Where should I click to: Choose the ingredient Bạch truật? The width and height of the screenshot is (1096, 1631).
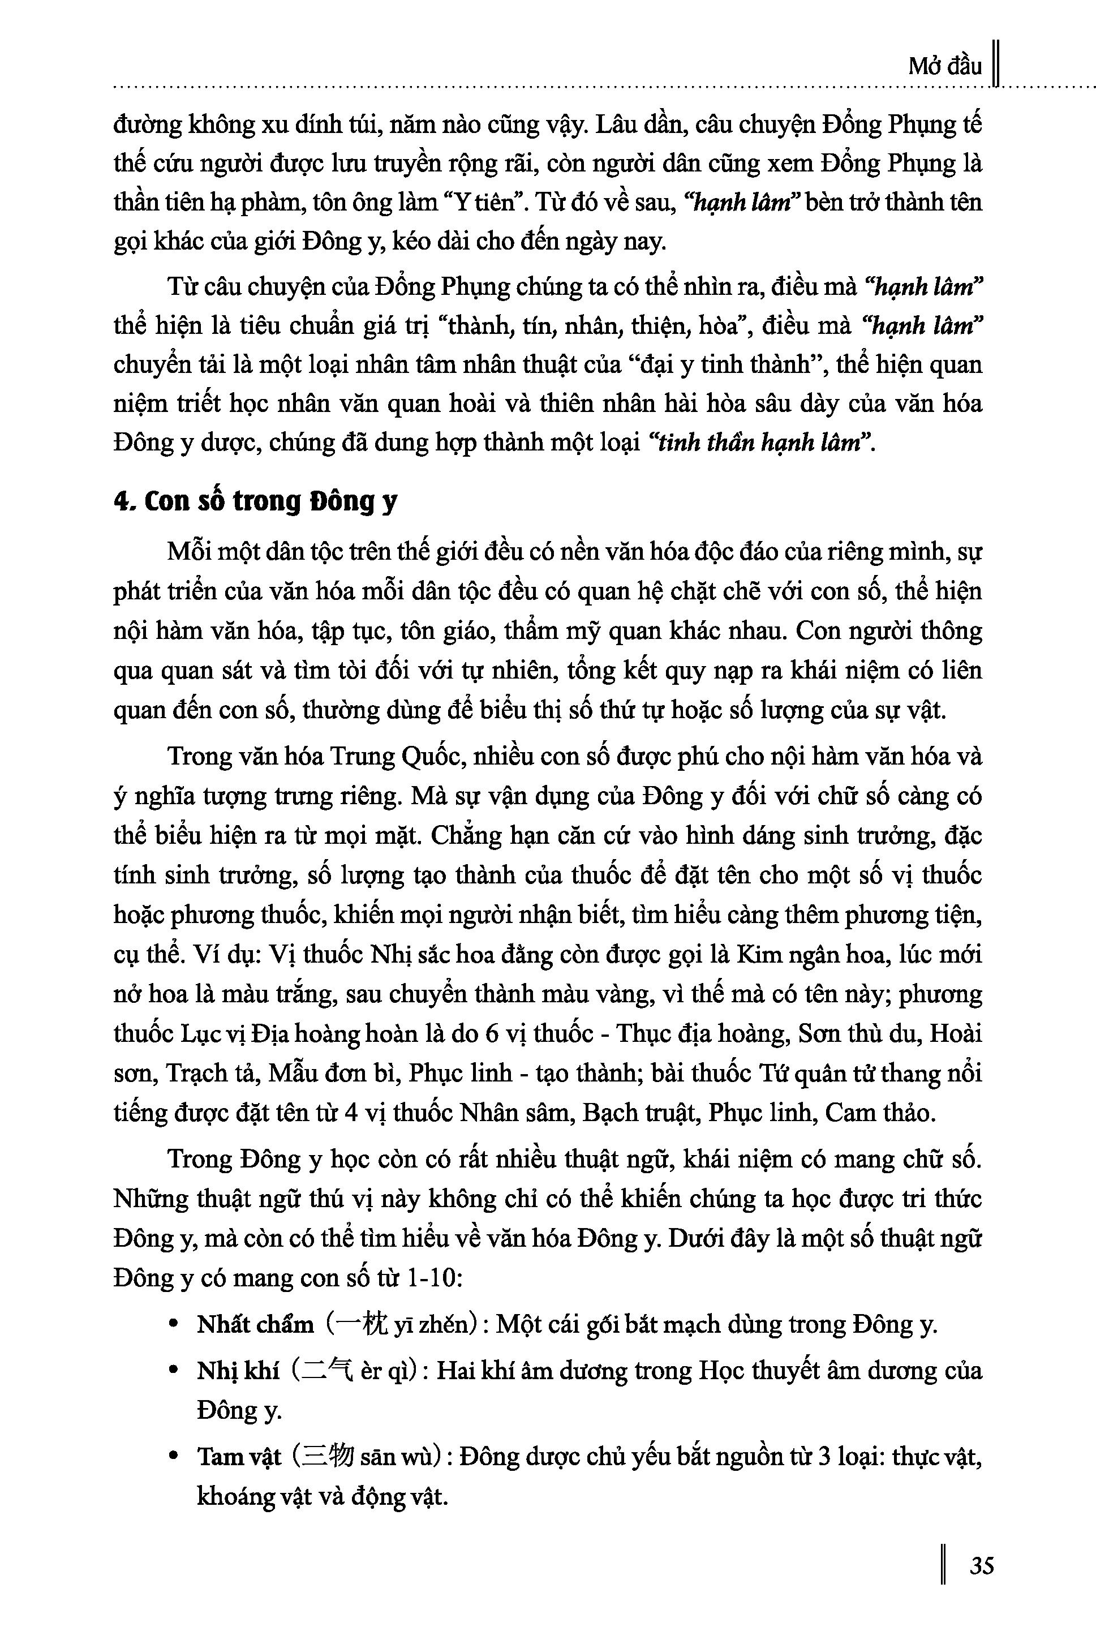click(x=639, y=1112)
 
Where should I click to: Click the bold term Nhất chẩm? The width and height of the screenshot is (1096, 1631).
click(x=255, y=1324)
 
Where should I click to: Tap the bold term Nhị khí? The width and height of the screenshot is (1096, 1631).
click(x=238, y=1370)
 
